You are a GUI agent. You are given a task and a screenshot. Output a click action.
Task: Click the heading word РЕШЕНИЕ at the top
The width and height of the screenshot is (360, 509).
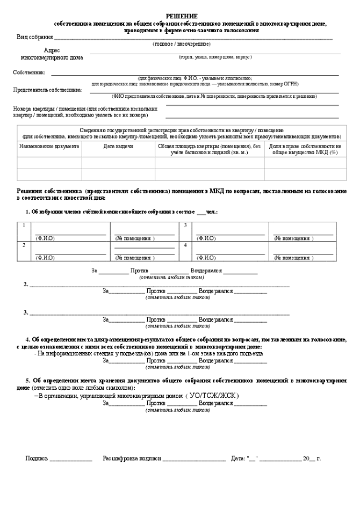click(x=181, y=17)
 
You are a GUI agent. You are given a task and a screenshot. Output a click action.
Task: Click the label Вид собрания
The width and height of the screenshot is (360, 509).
click(x=35, y=37)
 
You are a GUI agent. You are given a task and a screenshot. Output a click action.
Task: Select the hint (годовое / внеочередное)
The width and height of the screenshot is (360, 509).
click(x=181, y=44)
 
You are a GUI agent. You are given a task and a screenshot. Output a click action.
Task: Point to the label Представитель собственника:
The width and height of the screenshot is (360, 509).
click(x=48, y=90)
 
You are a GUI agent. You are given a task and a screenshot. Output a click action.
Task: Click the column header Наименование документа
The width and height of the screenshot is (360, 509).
click(x=49, y=146)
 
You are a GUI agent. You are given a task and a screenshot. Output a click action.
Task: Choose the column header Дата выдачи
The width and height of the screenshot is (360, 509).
click(x=118, y=146)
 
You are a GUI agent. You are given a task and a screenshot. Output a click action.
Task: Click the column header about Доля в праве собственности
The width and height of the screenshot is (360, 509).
click(x=305, y=149)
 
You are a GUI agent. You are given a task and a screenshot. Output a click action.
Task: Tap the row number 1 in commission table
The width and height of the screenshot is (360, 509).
click(x=24, y=225)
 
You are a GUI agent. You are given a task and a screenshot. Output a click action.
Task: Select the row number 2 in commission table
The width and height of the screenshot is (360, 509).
click(x=24, y=245)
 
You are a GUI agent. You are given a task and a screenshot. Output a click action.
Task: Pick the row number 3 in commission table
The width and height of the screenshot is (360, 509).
click(x=185, y=225)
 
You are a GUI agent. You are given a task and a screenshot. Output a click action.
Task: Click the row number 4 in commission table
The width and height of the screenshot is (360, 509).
click(x=185, y=245)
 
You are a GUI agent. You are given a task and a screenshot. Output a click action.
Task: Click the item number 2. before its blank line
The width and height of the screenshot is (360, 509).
click(x=26, y=284)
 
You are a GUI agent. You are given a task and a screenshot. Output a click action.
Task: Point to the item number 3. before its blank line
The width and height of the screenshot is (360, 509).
click(x=26, y=312)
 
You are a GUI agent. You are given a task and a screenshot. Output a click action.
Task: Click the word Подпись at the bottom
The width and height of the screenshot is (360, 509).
click(x=37, y=459)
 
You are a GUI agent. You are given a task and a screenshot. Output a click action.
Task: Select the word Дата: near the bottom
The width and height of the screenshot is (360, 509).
click(x=238, y=459)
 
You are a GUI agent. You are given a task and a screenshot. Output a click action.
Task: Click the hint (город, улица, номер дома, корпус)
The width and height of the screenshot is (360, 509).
click(x=215, y=57)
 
